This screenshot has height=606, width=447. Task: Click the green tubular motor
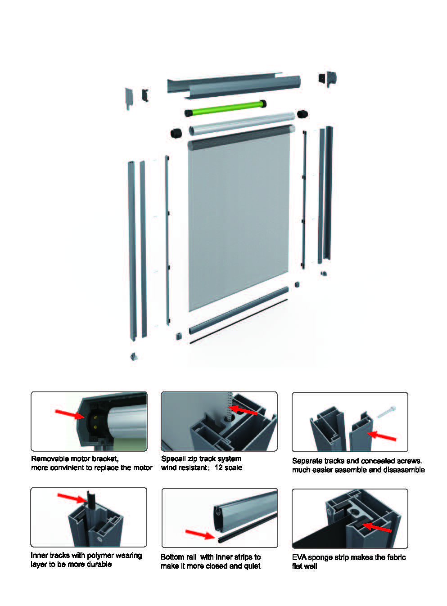click(x=226, y=108)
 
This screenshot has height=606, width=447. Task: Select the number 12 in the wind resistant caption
click(x=218, y=468)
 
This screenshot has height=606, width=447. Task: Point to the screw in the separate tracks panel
click(x=387, y=412)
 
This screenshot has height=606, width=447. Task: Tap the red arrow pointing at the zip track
click(x=243, y=410)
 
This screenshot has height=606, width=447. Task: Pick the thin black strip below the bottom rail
click(x=239, y=321)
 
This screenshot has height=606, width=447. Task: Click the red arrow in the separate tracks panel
click(x=381, y=436)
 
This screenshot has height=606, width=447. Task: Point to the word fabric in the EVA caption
click(x=397, y=557)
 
